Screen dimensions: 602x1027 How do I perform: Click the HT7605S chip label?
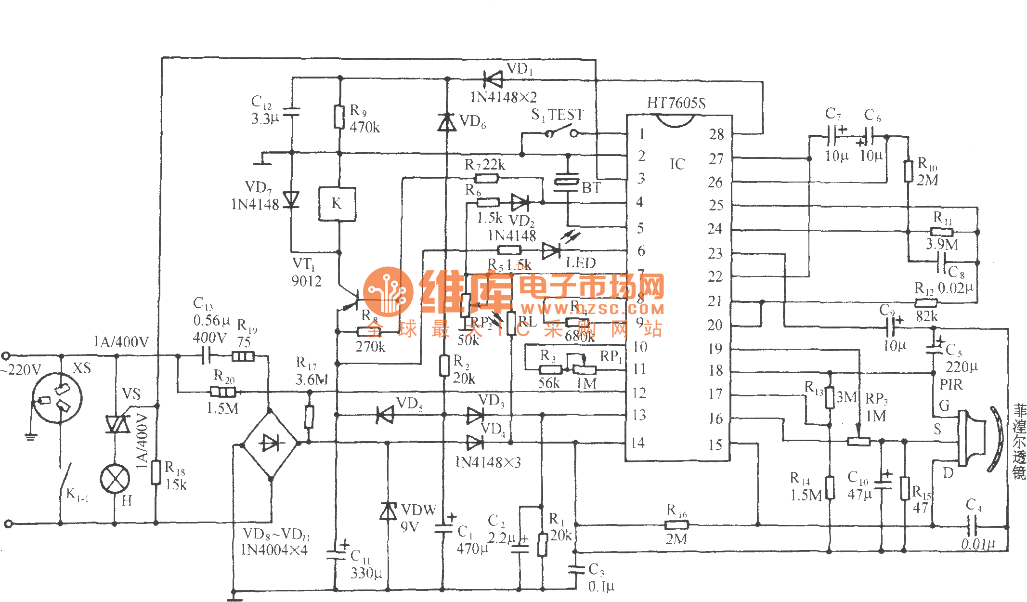(676, 103)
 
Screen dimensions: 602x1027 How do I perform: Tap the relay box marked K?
(337, 204)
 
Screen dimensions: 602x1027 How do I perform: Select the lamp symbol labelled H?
(115, 479)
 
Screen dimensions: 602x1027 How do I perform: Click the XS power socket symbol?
(57, 398)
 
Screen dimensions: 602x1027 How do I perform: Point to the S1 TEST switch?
(561, 132)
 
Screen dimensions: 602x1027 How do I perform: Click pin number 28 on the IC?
(716, 134)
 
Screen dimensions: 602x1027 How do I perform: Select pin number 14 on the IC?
(638, 443)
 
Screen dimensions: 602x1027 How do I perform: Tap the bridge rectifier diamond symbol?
(271, 443)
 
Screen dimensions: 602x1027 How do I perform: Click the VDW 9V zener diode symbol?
(388, 511)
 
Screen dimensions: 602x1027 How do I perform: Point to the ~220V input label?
(22, 370)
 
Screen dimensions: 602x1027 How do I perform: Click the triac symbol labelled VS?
(117, 424)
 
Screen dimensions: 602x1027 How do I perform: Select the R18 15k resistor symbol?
(156, 472)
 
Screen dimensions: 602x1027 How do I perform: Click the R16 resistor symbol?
(676, 524)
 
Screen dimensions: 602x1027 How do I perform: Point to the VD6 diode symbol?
(447, 123)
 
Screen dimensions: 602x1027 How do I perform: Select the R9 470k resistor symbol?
(339, 117)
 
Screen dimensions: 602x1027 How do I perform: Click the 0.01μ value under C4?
(978, 544)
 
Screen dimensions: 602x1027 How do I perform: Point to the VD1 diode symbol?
(493, 79)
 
